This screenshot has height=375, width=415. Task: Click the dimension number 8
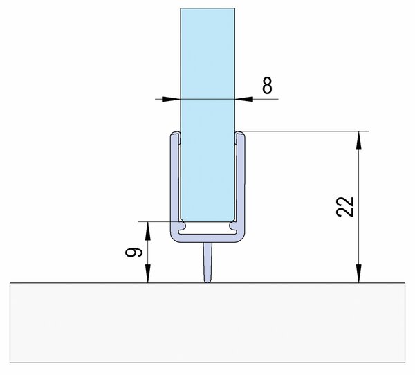(x=267, y=86)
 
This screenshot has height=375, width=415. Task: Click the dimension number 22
(x=345, y=207)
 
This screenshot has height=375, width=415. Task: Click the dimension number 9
(x=134, y=253)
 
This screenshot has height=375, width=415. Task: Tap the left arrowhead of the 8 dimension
(x=171, y=99)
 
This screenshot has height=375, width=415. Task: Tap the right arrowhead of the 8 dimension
(x=244, y=99)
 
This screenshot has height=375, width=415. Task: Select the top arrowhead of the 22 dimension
(x=358, y=140)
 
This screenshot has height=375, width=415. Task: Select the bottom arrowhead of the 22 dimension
(x=358, y=273)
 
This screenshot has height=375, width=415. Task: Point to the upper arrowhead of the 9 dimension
(x=148, y=230)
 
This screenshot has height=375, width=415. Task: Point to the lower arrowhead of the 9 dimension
(x=148, y=273)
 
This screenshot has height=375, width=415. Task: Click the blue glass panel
(x=207, y=115)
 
